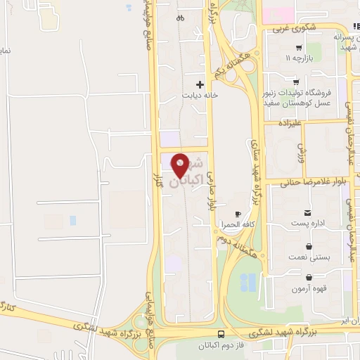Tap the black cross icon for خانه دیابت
[x=200, y=84]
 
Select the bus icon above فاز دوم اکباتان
[x=221, y=334]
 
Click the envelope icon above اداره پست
[x=307, y=212]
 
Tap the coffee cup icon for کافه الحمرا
[x=238, y=214]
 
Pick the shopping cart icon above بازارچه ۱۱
[x=299, y=48]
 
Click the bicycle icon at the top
[x=180, y=18]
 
